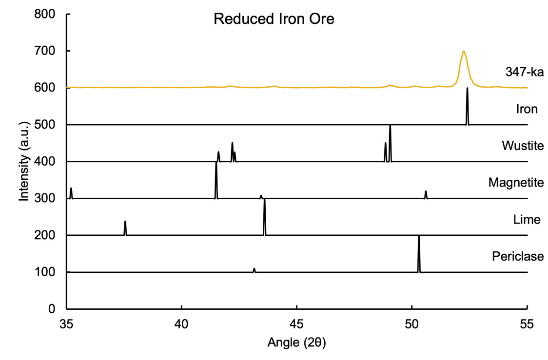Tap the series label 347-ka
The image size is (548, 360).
pyautogui.click(x=524, y=73)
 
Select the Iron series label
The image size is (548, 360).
pyautogui.click(x=527, y=109)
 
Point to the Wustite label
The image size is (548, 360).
pyautogui.click(x=522, y=146)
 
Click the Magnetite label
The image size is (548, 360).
pyautogui.click(x=516, y=183)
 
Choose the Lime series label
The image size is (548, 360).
pyautogui.click(x=527, y=220)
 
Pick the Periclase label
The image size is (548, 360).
pyautogui.click(x=517, y=256)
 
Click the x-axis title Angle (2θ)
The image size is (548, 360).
pyautogui.click(x=296, y=342)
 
